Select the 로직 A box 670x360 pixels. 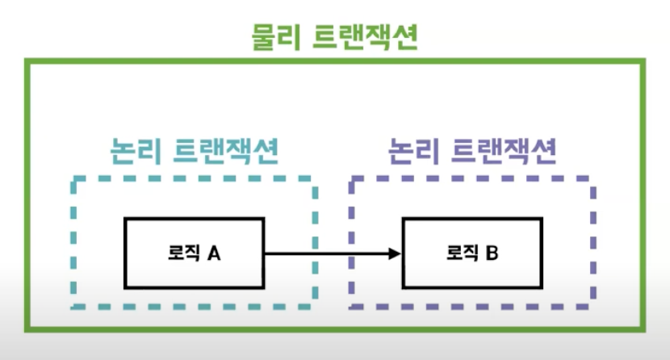(x=194, y=253)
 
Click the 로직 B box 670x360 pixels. (x=472, y=253)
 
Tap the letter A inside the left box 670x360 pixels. (x=214, y=253)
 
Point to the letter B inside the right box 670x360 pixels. (x=492, y=253)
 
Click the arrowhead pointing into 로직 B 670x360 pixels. (x=395, y=253)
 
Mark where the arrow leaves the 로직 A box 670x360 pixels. (x=265, y=253)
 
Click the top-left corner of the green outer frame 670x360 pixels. (x=27, y=62)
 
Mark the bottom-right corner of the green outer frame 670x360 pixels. (x=643, y=328)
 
